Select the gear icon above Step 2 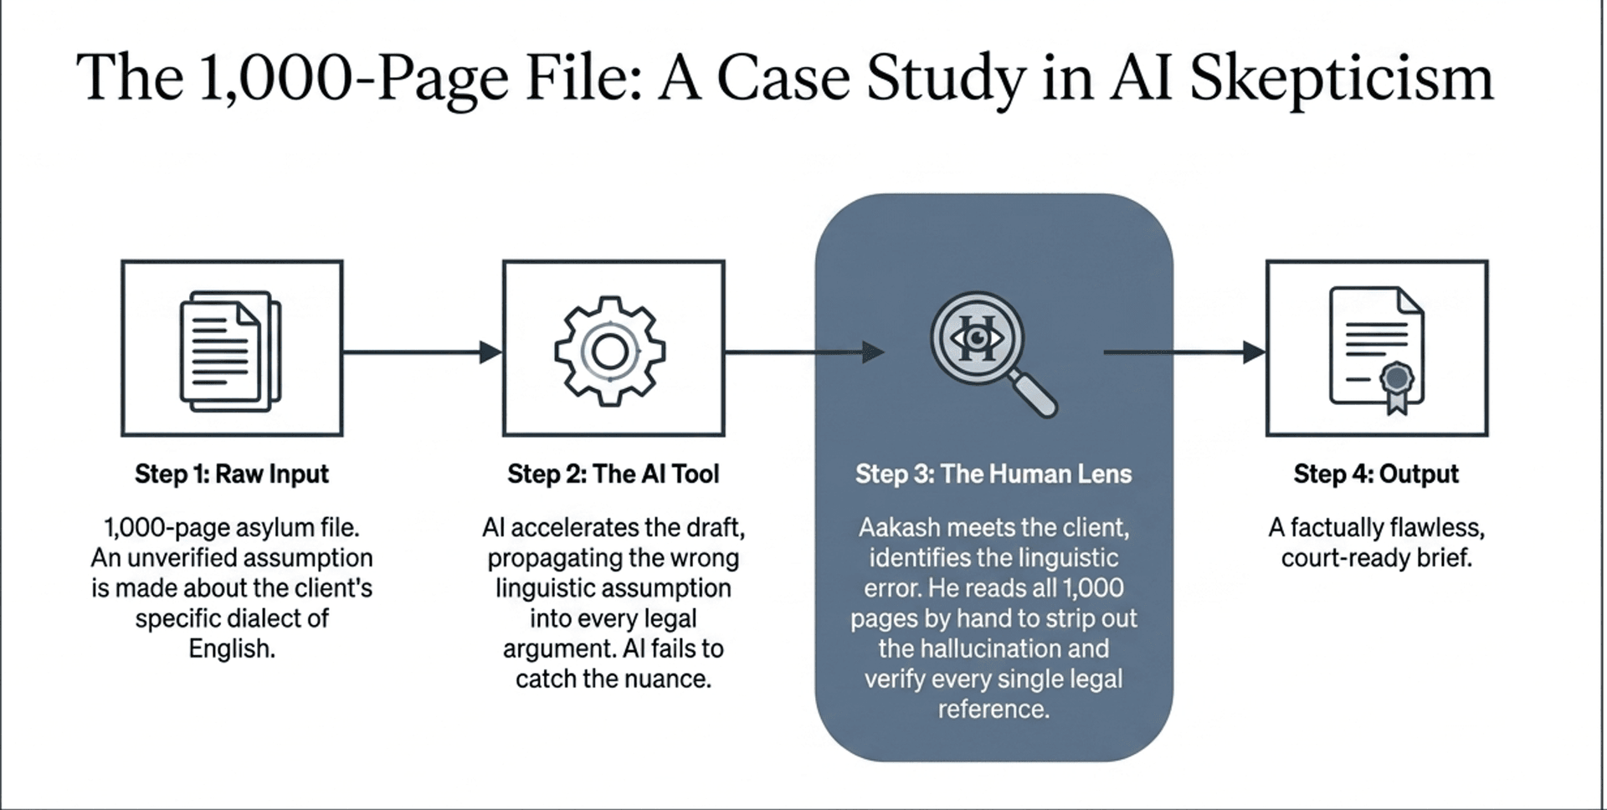pyautogui.click(x=610, y=351)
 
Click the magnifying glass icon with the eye pyautogui.click(x=991, y=351)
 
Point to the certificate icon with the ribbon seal pyautogui.click(x=1377, y=350)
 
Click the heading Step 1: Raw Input pyautogui.click(x=232, y=474)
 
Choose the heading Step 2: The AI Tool pyautogui.click(x=613, y=474)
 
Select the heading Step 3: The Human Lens pyautogui.click(x=993, y=474)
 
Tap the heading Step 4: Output pyautogui.click(x=1376, y=474)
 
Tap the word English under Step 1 pyautogui.click(x=232, y=649)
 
